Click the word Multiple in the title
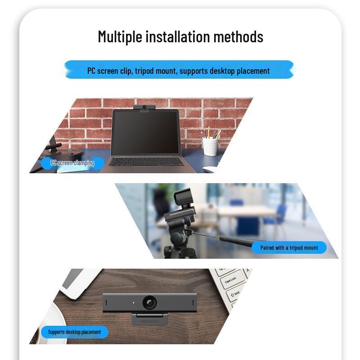[x=120, y=36]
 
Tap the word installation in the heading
[x=177, y=36]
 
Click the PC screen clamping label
[x=72, y=163]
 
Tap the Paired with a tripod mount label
[x=289, y=247]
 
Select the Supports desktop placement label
[x=74, y=332]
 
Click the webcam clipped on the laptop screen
[x=145, y=108]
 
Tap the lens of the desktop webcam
[x=149, y=302]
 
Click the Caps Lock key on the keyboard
[x=230, y=281]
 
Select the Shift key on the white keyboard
[x=235, y=293]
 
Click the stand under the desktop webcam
[x=149, y=319]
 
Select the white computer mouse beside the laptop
[x=209, y=170]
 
